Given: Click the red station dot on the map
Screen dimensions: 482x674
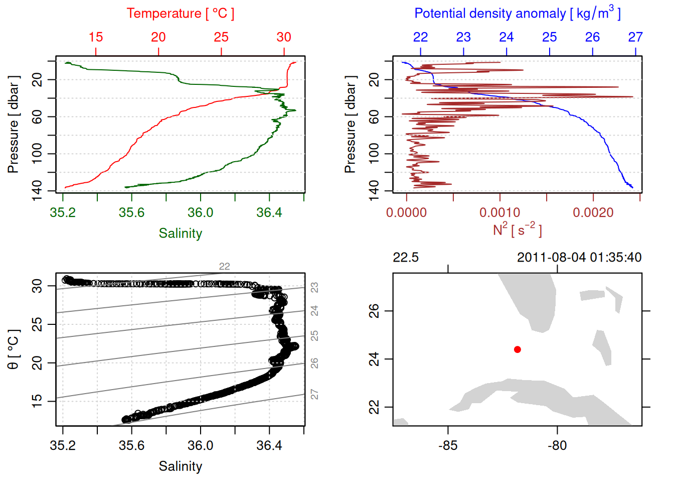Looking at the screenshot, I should pyautogui.click(x=517, y=349).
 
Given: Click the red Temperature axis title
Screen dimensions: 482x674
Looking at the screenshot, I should pyautogui.click(x=180, y=14).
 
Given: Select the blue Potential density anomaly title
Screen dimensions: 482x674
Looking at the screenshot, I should pyautogui.click(x=517, y=13).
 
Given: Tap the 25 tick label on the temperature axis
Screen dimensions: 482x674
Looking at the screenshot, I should pyautogui.click(x=221, y=37).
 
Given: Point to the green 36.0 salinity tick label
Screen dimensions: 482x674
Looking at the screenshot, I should pyautogui.click(x=200, y=213).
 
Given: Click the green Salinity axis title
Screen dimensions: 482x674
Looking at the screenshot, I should pyautogui.click(x=180, y=233).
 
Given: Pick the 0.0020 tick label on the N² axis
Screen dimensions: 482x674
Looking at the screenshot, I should pyautogui.click(x=593, y=213).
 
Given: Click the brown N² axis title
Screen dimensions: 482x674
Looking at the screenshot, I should pyautogui.click(x=517, y=230).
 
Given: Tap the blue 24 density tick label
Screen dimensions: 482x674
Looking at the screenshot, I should pyautogui.click(x=507, y=37).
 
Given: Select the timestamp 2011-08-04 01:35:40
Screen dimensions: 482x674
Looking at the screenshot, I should pyautogui.click(x=579, y=258).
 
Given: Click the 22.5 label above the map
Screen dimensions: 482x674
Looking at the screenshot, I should pyautogui.click(x=405, y=258).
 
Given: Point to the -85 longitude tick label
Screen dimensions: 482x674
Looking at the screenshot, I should pyautogui.click(x=448, y=445).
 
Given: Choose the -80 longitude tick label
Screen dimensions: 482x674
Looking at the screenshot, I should pyautogui.click(x=557, y=445).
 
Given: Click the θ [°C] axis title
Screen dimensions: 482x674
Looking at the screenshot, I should pyautogui.click(x=14, y=349).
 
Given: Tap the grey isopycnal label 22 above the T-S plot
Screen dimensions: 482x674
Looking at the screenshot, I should pyautogui.click(x=224, y=267).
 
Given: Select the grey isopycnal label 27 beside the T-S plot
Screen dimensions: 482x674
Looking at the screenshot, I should pyautogui.click(x=314, y=394).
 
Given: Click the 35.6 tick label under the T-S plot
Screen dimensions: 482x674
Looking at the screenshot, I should pyautogui.click(x=131, y=445).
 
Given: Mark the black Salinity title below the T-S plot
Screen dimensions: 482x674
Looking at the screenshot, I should pyautogui.click(x=180, y=466).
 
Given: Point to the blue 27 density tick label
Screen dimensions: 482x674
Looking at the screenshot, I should pyautogui.click(x=635, y=37).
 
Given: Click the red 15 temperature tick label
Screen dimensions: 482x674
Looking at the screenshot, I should pyautogui.click(x=96, y=37).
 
